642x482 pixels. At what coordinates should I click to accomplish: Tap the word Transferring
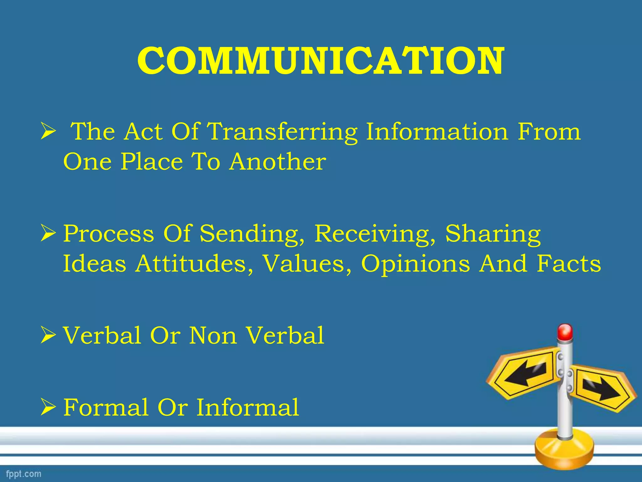click(x=282, y=132)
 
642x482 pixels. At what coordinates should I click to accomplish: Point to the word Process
click(x=109, y=234)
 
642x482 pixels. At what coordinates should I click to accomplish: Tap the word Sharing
click(x=493, y=234)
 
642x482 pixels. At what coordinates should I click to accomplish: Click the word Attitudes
click(x=194, y=264)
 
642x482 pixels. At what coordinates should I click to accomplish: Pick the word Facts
click(x=569, y=264)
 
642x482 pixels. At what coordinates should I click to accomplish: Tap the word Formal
click(x=106, y=408)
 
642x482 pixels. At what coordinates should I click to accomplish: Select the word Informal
click(x=248, y=408)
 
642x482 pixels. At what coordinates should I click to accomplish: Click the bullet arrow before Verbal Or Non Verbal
click(x=48, y=336)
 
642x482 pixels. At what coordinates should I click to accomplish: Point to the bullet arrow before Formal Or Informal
click(x=48, y=408)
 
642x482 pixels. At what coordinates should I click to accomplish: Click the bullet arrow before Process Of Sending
click(x=48, y=234)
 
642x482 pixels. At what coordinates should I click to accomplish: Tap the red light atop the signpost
click(x=565, y=332)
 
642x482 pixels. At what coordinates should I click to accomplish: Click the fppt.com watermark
click(x=24, y=474)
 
